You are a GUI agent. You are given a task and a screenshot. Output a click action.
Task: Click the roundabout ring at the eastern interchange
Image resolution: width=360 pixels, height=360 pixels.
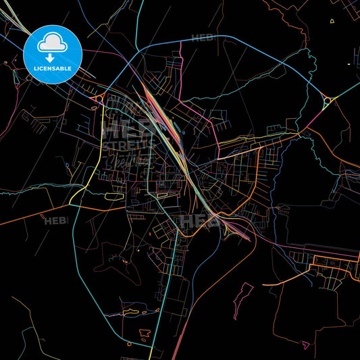[328, 101]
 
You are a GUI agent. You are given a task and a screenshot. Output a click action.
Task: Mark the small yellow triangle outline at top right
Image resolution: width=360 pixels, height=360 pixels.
[332, 21]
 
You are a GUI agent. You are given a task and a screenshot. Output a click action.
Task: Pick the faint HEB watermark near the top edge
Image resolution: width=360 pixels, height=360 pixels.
[202, 38]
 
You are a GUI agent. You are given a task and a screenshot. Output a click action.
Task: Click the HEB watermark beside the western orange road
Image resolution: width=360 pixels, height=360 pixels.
[55, 220]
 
